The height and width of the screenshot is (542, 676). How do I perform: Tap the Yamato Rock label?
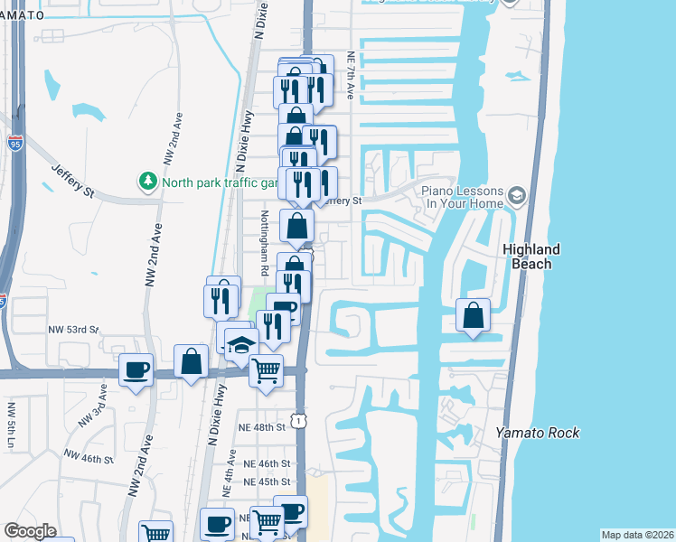pyautogui.click(x=538, y=433)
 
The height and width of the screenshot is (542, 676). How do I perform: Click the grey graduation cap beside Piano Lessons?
pyautogui.click(x=516, y=196)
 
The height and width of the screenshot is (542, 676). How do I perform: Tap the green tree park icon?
pyautogui.click(x=147, y=182)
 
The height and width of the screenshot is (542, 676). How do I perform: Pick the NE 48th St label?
pyautogui.click(x=261, y=426)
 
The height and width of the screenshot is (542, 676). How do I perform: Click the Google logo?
pyautogui.click(x=30, y=531)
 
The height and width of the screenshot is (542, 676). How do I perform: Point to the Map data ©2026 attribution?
pyautogui.click(x=636, y=535)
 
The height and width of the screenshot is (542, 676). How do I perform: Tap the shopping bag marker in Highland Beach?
pyautogui.click(x=474, y=316)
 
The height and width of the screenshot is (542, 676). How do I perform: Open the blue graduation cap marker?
pyautogui.click(x=241, y=344)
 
